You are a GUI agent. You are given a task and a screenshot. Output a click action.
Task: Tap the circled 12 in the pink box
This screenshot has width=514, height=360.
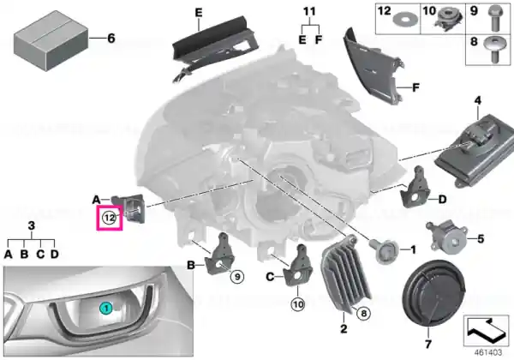[x=110, y=218]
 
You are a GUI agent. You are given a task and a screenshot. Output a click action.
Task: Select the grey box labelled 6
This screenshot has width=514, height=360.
[x=51, y=40]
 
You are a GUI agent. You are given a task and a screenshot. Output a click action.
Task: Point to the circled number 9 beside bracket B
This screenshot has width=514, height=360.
[x=237, y=277]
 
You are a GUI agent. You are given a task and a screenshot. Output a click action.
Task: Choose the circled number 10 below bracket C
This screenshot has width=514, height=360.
[x=298, y=304]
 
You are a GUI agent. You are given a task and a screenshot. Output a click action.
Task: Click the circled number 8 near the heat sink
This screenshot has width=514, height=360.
[x=363, y=314]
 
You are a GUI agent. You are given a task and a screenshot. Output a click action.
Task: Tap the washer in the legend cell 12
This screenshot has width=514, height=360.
[x=403, y=20]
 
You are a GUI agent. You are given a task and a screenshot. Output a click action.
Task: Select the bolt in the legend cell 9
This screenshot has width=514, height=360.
[x=494, y=18]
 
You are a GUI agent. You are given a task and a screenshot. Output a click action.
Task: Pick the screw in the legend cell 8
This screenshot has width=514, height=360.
[x=493, y=49]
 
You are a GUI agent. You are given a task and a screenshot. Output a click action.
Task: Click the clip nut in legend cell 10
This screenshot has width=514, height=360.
[x=448, y=19]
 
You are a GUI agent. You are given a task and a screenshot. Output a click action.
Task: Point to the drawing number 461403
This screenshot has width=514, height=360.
[x=488, y=352]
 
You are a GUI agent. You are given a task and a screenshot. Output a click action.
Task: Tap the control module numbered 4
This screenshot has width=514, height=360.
[x=475, y=150]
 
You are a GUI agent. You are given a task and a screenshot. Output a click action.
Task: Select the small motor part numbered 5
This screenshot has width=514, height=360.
[x=446, y=237]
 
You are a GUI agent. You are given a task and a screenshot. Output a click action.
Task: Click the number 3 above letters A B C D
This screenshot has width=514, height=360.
[x=31, y=225]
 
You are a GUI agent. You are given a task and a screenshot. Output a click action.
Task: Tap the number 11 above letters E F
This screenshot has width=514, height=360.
[x=309, y=12]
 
